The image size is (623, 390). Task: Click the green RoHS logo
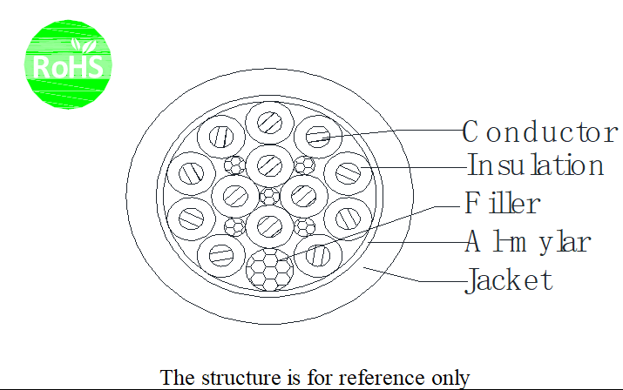(x=68, y=64)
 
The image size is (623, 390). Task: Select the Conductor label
(x=540, y=131)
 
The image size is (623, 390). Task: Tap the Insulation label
(x=535, y=165)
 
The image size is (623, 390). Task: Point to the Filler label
(x=502, y=203)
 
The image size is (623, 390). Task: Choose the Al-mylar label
(x=528, y=241)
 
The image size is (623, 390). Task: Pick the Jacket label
(x=509, y=280)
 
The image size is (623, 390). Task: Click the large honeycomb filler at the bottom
(x=270, y=270)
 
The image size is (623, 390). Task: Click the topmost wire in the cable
(x=270, y=123)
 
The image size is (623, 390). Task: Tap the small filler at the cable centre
(x=270, y=196)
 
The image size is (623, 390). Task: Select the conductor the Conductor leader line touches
(x=318, y=137)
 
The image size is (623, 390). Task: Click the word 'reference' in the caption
(x=381, y=377)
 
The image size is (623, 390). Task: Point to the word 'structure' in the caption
(x=240, y=377)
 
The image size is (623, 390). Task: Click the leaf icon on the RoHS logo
(x=84, y=46)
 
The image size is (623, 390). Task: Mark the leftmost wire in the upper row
(x=221, y=137)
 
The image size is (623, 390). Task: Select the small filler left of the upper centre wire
(x=234, y=165)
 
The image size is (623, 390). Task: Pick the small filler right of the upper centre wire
(x=305, y=165)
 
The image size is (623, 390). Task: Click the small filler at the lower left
(x=234, y=227)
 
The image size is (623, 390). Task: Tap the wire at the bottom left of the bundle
(x=221, y=255)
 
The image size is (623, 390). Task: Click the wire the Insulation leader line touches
(x=349, y=173)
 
